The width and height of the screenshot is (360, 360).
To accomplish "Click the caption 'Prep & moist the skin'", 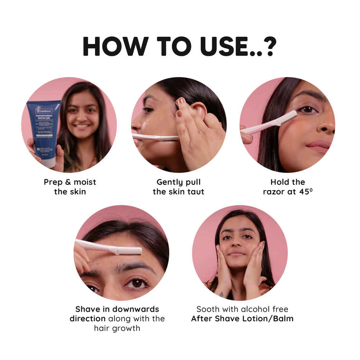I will (x=70, y=187).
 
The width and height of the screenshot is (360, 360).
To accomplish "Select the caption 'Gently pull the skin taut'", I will (x=178, y=187).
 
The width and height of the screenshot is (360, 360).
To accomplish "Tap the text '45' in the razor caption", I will (x=302, y=191).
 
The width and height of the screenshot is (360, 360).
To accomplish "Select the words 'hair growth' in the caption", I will (x=117, y=328).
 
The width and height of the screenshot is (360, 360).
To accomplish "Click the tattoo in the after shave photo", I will (x=222, y=294).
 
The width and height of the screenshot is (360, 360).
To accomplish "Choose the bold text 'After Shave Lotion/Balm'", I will (x=242, y=319).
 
